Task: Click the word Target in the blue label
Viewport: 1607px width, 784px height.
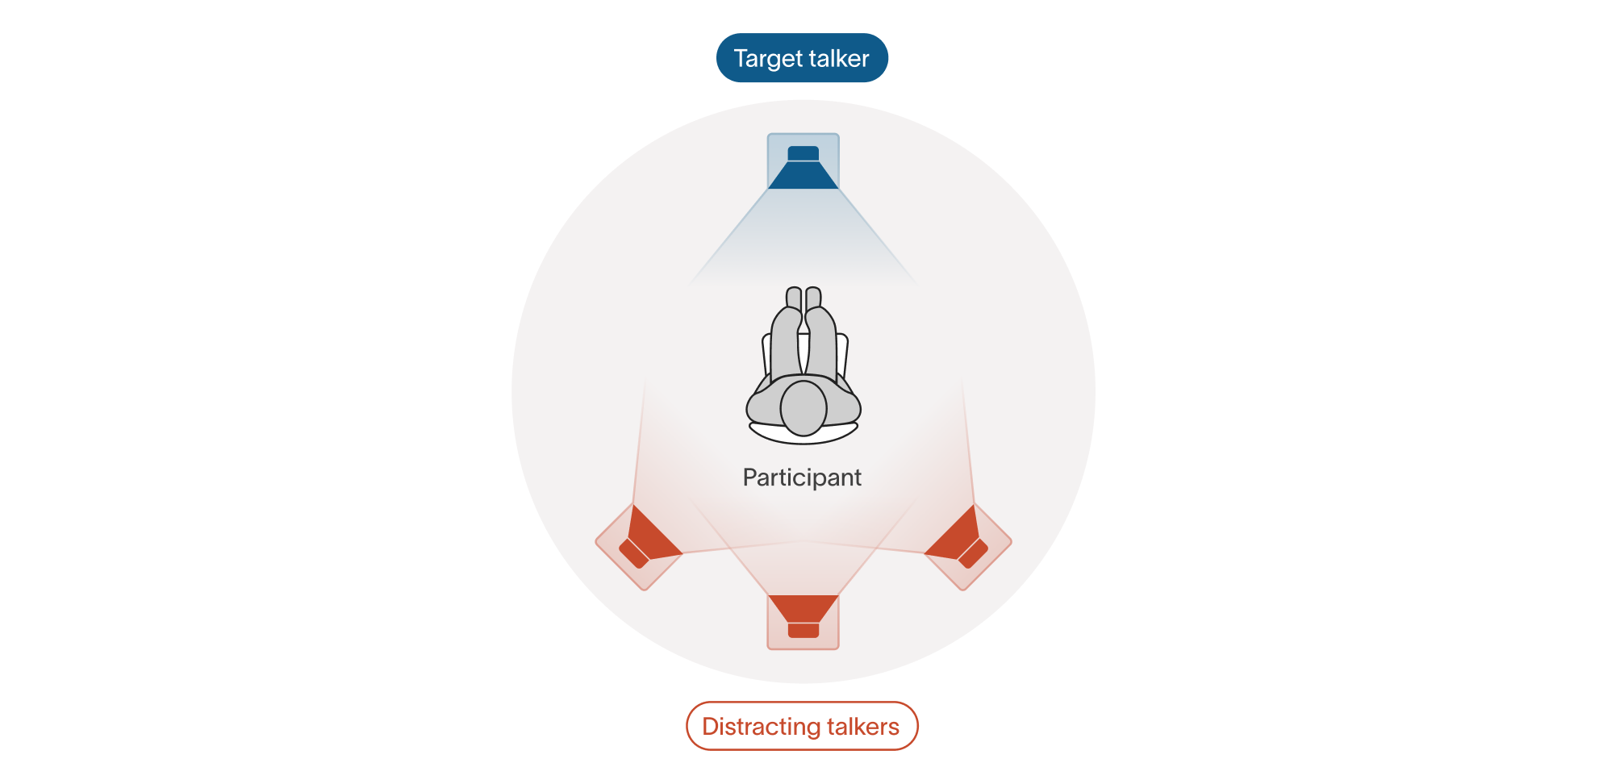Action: click(x=766, y=59)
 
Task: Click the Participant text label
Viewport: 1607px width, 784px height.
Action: click(x=802, y=477)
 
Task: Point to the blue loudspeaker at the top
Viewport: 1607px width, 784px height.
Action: click(x=803, y=165)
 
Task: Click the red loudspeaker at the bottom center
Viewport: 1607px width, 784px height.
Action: click(x=803, y=618)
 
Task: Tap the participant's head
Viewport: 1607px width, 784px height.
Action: click(x=803, y=408)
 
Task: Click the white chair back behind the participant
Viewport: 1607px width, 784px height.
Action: click(x=803, y=438)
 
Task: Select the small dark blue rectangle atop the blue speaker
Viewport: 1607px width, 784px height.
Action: click(x=803, y=153)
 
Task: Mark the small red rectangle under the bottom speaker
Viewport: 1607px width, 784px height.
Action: click(x=803, y=630)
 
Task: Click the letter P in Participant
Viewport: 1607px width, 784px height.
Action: click(x=749, y=477)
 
